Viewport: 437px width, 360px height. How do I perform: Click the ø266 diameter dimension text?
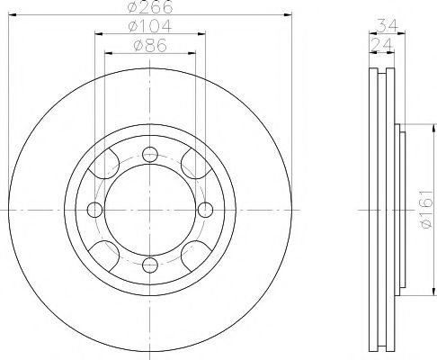click(150, 7)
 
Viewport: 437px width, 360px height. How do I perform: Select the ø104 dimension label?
click(150, 25)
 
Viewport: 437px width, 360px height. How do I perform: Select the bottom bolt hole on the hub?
click(150, 265)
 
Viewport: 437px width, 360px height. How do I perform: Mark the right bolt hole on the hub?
click(205, 210)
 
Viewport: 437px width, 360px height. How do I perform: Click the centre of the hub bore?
click(150, 210)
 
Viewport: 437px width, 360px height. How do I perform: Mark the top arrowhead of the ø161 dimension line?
click(414, 127)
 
